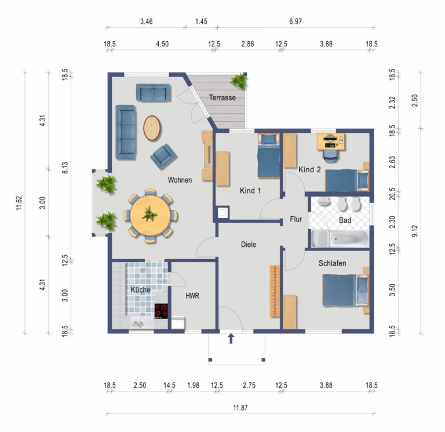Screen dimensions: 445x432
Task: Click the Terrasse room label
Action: [x=222, y=97]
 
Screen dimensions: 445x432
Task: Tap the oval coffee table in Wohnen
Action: [x=152, y=128]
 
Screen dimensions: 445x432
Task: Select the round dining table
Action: [x=151, y=215]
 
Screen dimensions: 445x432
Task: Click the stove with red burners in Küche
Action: [x=161, y=311]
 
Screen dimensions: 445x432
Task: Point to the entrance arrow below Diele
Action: [x=231, y=339]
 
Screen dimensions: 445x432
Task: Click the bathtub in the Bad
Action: [x=340, y=238]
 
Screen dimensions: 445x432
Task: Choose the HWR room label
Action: [x=192, y=296]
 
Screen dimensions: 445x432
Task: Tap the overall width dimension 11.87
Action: [x=240, y=408]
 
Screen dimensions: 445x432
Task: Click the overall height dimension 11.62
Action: [x=19, y=203]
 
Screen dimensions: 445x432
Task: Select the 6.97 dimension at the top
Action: [x=296, y=21]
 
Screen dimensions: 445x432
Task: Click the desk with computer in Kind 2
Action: [x=331, y=141]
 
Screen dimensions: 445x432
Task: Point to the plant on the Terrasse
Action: [x=239, y=81]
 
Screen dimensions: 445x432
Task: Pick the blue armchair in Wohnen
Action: [x=164, y=157]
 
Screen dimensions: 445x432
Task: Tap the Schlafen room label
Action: [x=333, y=263]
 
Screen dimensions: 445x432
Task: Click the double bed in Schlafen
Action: [x=345, y=290]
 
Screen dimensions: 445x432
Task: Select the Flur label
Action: [x=296, y=219]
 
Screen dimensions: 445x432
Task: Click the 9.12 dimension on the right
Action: [x=415, y=231]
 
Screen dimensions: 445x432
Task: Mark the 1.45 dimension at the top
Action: [x=201, y=21]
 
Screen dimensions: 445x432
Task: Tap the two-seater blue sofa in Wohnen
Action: [x=153, y=92]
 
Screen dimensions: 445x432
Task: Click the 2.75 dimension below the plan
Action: [x=249, y=386]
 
